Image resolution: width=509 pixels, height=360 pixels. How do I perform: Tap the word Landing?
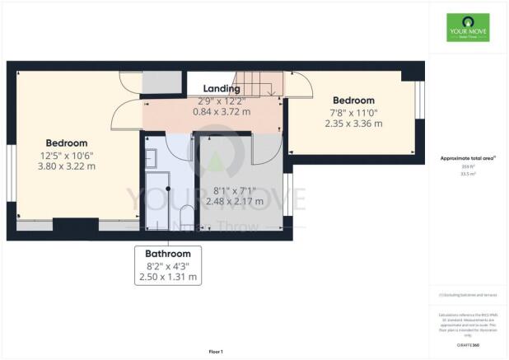pyautogui.click(x=222, y=88)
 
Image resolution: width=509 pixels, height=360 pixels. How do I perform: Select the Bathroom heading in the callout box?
pyautogui.click(x=168, y=254)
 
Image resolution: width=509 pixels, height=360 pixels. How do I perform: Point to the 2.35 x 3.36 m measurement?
pyautogui.click(x=353, y=124)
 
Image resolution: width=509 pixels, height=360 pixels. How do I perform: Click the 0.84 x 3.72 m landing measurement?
pyautogui.click(x=222, y=111)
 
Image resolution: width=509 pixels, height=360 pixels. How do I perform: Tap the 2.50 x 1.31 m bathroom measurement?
pyautogui.click(x=168, y=278)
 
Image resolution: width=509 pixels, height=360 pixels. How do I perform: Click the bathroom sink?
pyautogui.click(x=152, y=157)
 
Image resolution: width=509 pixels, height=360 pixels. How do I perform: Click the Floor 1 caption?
pyautogui.click(x=217, y=352)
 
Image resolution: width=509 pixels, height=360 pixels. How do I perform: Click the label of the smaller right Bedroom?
pyautogui.click(x=354, y=101)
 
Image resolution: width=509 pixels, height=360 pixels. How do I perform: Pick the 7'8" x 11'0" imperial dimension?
pyautogui.click(x=353, y=112)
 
